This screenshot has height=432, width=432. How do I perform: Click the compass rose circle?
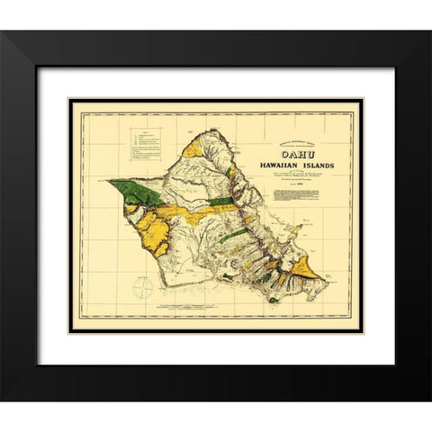click(142, 286)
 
